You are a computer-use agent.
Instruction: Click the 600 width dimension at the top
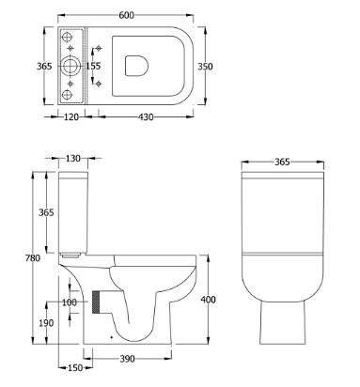(x=126, y=15)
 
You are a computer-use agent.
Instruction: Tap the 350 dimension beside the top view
(x=205, y=67)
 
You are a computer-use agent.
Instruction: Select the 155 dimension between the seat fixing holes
(x=93, y=66)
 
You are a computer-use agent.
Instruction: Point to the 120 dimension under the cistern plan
(x=71, y=117)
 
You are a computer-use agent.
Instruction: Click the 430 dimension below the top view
(x=146, y=117)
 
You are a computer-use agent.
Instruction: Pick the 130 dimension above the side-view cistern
(x=73, y=159)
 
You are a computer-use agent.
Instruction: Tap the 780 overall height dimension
(x=33, y=258)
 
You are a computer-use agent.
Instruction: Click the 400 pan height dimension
(x=208, y=300)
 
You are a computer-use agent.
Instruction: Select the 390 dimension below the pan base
(x=127, y=359)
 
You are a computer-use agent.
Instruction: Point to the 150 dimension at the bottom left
(x=75, y=368)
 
